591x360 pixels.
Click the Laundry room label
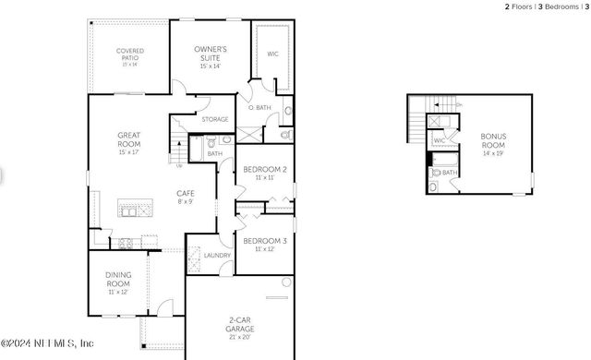[x=217, y=255]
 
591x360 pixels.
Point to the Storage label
[x=214, y=120]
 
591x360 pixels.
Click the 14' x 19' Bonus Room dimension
[x=493, y=154]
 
